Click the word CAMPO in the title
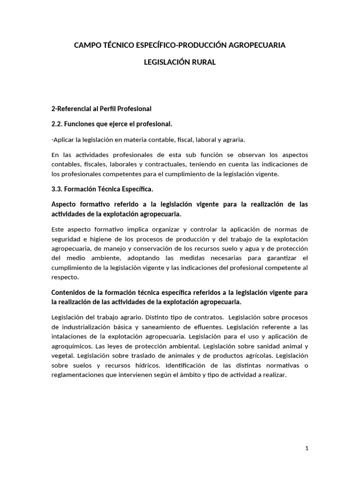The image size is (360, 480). tap(87, 45)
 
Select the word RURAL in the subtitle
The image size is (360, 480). tap(203, 62)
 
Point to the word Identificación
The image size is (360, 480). tap(188, 366)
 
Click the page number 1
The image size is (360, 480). tap(307, 449)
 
